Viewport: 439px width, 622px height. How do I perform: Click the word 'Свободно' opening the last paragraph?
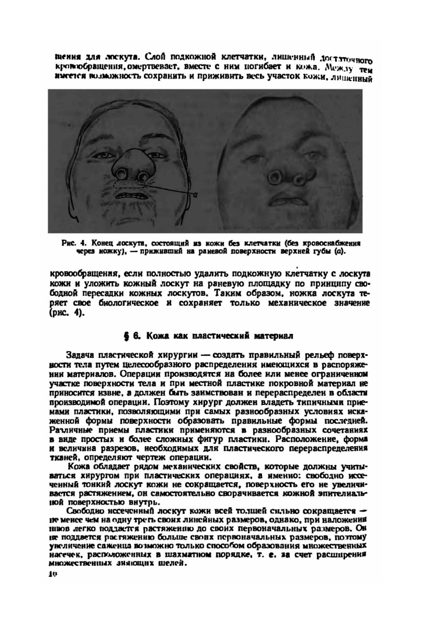(x=85, y=511)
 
